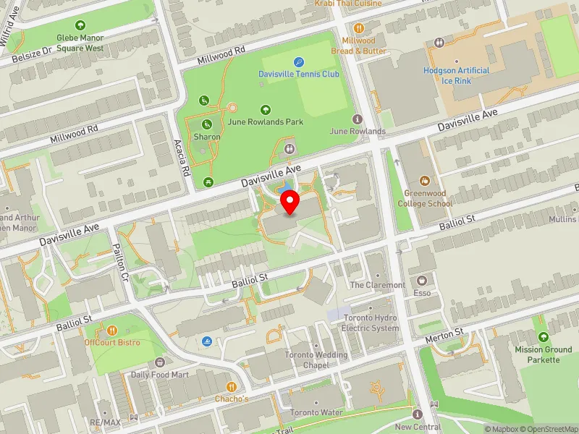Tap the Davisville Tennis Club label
click(x=299, y=74)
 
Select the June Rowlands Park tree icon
click(x=266, y=110)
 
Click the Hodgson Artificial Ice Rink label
click(x=456, y=75)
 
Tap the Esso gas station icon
click(x=420, y=280)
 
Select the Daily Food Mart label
click(x=159, y=375)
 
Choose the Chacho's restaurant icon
click(x=232, y=387)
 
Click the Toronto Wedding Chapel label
click(x=316, y=359)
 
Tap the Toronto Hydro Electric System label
click(x=371, y=323)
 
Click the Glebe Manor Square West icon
click(x=80, y=25)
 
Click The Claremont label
click(x=377, y=285)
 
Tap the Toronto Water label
click(x=316, y=412)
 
